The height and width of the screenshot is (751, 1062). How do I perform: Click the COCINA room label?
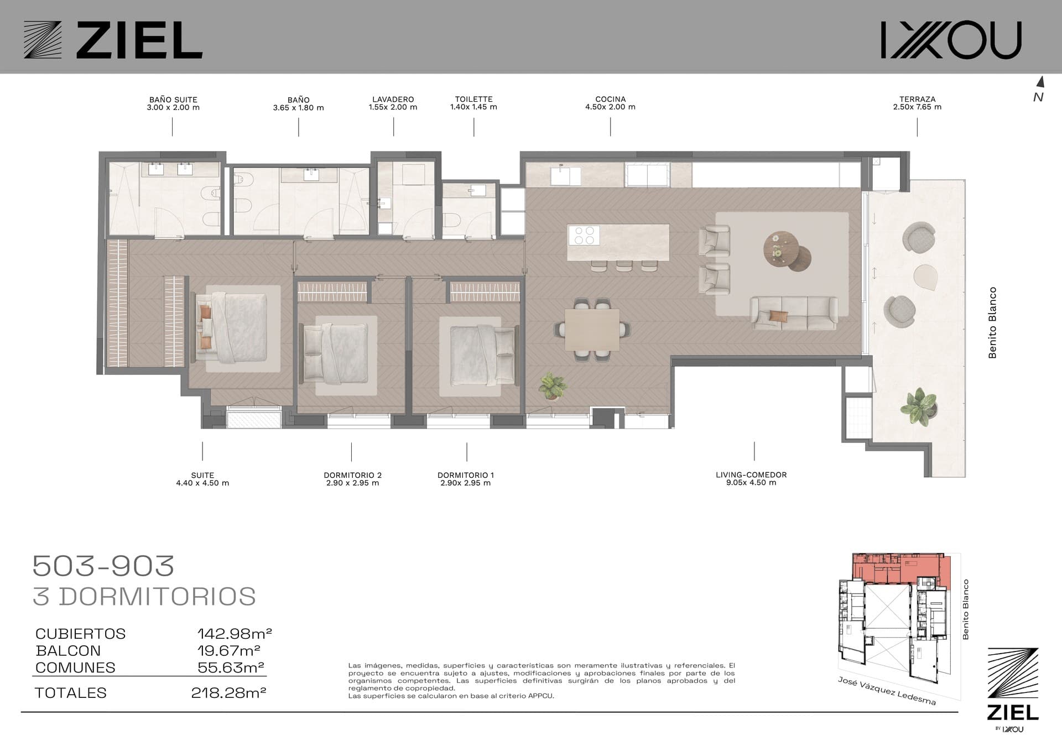point(610,100)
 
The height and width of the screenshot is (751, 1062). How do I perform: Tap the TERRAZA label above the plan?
point(917,100)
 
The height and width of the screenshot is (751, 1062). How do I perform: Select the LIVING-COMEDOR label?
point(751,474)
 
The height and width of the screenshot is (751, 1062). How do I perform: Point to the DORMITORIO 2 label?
point(353,475)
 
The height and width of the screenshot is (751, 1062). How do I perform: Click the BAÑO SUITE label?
point(173,100)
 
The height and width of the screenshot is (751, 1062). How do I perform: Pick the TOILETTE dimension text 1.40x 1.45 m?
point(473,107)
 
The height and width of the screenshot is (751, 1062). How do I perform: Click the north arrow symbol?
point(1040,82)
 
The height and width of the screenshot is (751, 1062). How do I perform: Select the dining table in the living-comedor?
point(592,330)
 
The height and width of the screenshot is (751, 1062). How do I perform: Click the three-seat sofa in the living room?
point(793,313)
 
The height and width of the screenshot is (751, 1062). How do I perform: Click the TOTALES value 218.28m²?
point(228,692)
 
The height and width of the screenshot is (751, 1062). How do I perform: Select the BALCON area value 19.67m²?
point(229,650)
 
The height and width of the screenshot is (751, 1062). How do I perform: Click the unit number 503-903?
point(103,566)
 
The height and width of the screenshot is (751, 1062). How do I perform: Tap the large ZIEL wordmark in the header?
point(139,40)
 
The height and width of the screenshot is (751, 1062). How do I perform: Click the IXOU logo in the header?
point(951,40)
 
